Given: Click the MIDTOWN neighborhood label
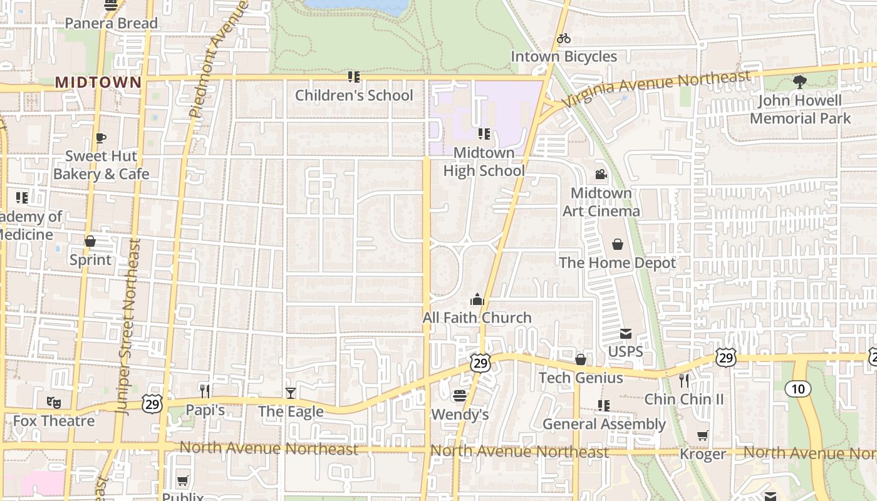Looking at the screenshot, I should (98, 82).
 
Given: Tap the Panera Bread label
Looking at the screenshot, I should (112, 24).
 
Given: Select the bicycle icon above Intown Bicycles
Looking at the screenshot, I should (564, 38).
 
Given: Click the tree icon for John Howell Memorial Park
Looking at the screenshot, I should (800, 81).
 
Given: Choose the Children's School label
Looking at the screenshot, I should (354, 95).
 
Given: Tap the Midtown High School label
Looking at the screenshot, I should (484, 162).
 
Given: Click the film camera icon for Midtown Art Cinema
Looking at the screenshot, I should (601, 174).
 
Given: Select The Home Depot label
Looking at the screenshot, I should (617, 262).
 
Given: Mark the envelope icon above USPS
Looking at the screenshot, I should (626, 334).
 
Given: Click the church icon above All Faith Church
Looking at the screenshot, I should (477, 300).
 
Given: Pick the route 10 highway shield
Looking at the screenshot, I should (797, 389).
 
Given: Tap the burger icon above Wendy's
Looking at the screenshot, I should (460, 396).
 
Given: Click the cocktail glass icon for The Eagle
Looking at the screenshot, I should (291, 393).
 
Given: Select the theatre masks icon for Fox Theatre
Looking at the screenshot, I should (54, 403).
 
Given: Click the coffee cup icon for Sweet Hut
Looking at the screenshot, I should (101, 138).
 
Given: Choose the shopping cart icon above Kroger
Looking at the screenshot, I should (703, 436).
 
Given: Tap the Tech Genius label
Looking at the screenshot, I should (581, 378).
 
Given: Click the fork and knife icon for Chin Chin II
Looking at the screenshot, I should (684, 380).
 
